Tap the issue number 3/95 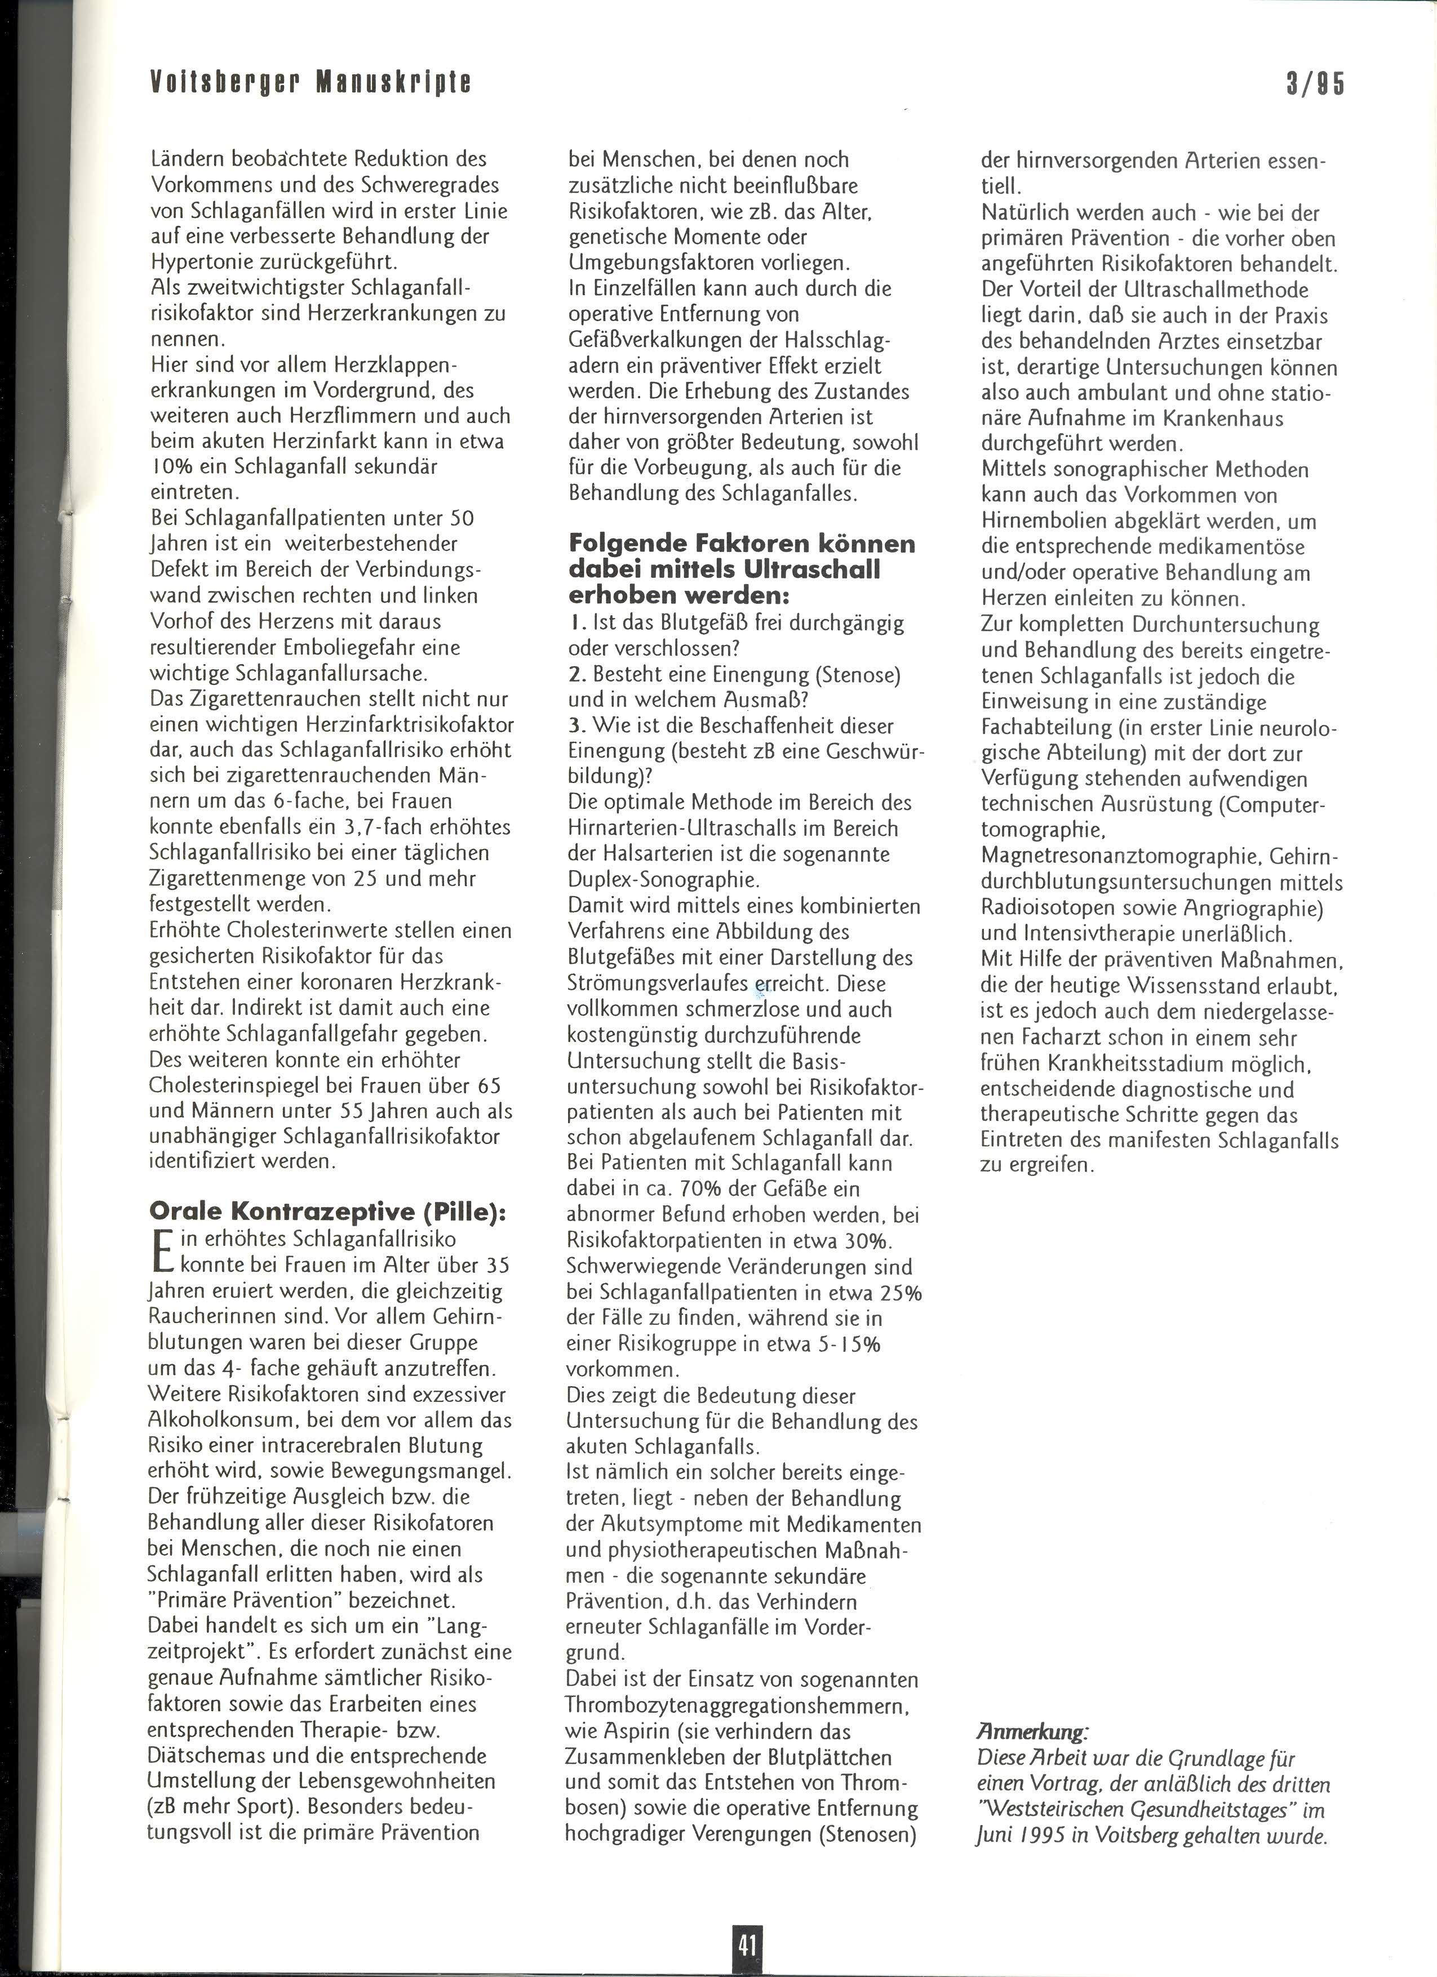click(1315, 84)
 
